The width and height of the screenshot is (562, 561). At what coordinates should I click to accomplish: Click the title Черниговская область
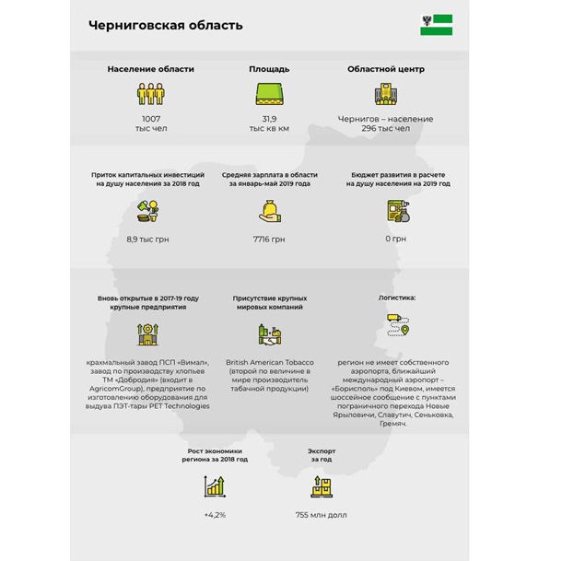coord(166,25)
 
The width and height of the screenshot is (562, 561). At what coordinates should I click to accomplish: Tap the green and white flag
coord(436,25)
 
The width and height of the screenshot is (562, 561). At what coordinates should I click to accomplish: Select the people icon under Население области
coord(150,94)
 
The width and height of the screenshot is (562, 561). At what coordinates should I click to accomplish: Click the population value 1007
coord(150,119)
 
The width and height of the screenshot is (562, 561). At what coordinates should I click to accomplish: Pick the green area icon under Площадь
coord(269,94)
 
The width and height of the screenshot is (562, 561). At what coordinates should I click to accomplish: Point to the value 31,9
coord(269,119)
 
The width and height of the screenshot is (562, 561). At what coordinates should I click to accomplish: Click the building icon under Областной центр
coord(385,94)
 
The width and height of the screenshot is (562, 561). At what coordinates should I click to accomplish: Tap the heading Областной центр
coord(385,69)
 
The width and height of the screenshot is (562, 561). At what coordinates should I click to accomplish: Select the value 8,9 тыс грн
coord(148,239)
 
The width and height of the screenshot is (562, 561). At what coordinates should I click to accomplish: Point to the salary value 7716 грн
coord(269,239)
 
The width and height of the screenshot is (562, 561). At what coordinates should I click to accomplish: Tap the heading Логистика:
coord(397,298)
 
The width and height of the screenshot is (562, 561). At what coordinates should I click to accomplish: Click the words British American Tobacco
coord(269,362)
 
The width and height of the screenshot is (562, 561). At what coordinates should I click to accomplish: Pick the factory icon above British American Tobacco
coord(269,333)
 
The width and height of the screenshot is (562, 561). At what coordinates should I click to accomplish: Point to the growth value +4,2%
coord(215,514)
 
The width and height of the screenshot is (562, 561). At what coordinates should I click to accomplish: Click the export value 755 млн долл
coord(322,514)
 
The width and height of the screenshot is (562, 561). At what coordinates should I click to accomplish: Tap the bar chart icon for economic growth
coord(215,485)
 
